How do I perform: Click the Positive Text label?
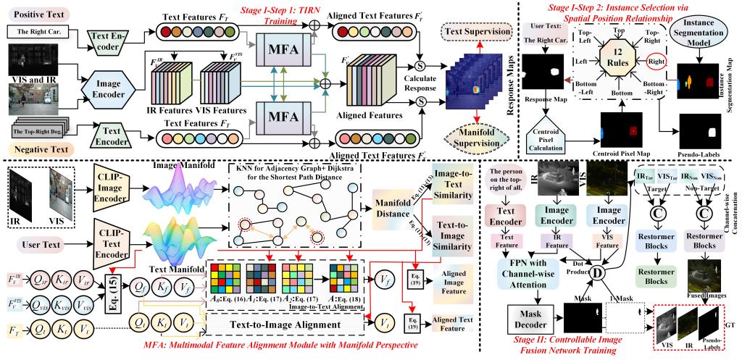(x=32, y=14)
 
